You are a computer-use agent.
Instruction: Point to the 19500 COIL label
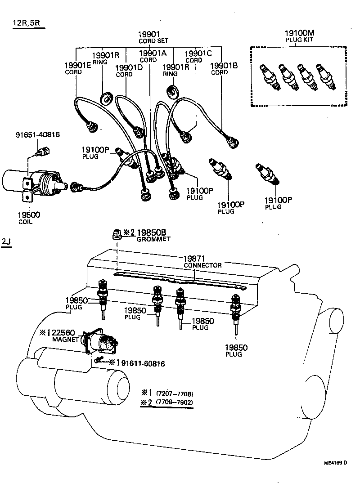[29, 218]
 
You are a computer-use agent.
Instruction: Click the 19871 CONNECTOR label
[202, 262]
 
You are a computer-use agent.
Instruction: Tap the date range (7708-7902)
[175, 402]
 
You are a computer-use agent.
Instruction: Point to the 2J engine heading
[6, 242]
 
